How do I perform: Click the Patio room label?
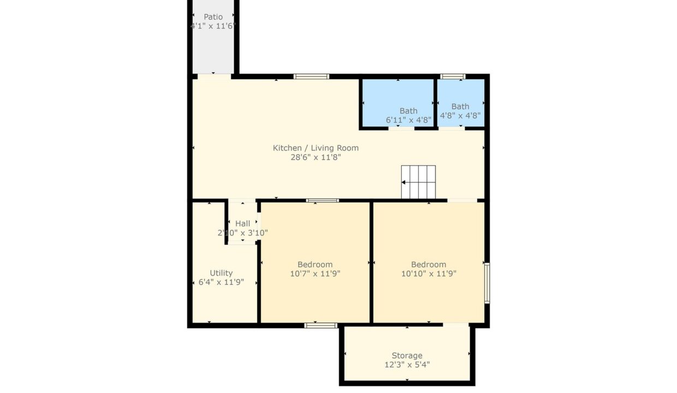point(213,17)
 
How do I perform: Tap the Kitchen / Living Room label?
point(316,148)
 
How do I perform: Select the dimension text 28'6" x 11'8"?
point(316,157)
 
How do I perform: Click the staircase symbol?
point(418,182)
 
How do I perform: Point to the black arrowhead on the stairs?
point(403,182)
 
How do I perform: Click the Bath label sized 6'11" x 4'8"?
point(408,111)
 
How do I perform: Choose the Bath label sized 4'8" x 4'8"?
point(460,106)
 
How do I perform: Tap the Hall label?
point(243,224)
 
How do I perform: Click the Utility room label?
point(221,273)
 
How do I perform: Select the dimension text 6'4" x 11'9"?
point(221,282)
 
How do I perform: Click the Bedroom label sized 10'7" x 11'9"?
point(315,265)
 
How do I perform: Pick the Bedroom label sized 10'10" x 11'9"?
point(429,265)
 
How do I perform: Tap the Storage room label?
point(407,355)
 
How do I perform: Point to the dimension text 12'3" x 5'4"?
point(407,365)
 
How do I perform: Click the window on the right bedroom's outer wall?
point(487,283)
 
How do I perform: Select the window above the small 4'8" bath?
point(453,76)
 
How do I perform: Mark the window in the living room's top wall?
point(311,76)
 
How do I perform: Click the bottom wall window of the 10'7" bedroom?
point(320,325)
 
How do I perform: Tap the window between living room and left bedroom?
point(323,200)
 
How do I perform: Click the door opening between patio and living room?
point(214,77)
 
